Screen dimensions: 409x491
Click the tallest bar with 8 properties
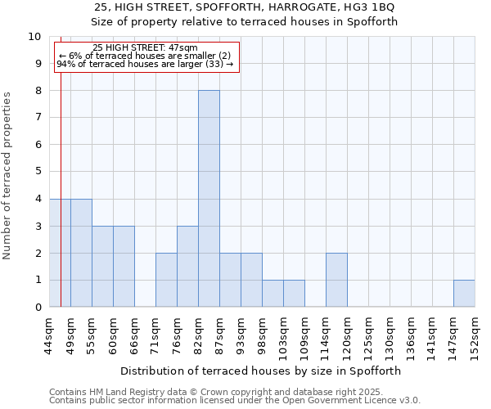coord(209,199)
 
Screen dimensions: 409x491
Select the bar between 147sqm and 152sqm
coord(464,294)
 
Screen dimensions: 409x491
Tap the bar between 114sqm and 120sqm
coord(336,280)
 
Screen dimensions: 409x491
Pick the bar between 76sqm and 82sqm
coord(187,267)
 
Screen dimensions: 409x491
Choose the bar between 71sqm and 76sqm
coord(166,280)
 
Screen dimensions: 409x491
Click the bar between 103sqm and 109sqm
coord(294,294)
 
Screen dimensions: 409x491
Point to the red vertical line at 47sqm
coord(61,204)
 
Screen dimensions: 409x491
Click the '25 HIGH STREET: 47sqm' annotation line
coord(146,48)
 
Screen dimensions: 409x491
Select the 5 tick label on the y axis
coord(37,172)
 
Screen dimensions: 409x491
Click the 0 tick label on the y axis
coord(37,308)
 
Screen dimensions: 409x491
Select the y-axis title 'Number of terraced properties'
coord(7,175)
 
